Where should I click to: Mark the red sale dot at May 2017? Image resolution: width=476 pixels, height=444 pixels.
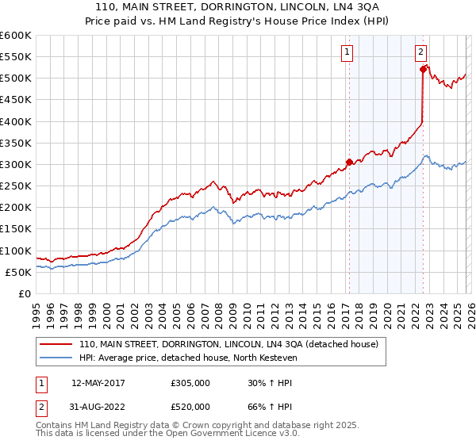[349, 162]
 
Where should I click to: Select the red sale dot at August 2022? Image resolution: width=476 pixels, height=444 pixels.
[423, 70]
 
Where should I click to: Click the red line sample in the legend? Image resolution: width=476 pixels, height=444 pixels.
[56, 344]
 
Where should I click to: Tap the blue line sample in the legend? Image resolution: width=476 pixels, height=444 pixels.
[56, 358]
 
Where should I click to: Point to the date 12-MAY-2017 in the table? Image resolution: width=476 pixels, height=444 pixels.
[98, 382]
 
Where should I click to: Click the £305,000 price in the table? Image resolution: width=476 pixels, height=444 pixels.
[190, 382]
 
